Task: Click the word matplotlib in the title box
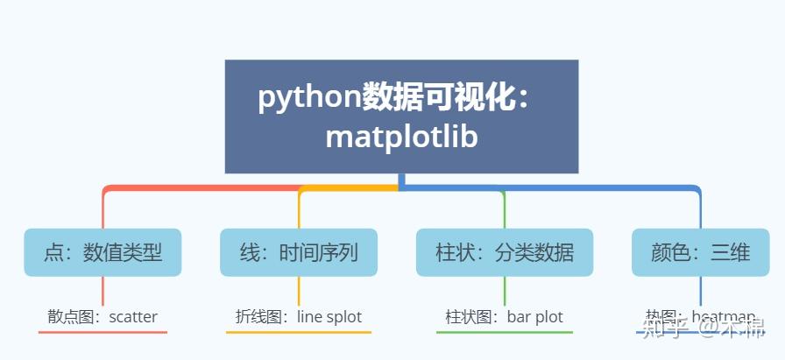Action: [401, 138]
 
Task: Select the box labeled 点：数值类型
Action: [103, 253]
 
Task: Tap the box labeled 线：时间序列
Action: [298, 253]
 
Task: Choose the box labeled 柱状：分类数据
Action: [505, 253]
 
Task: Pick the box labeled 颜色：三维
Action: [700, 253]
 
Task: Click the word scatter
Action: [133, 317]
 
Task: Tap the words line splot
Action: [329, 317]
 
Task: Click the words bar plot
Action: [535, 317]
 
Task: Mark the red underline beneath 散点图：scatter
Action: [103, 333]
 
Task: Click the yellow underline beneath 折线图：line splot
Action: [298, 333]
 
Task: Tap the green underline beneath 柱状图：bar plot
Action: [505, 333]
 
